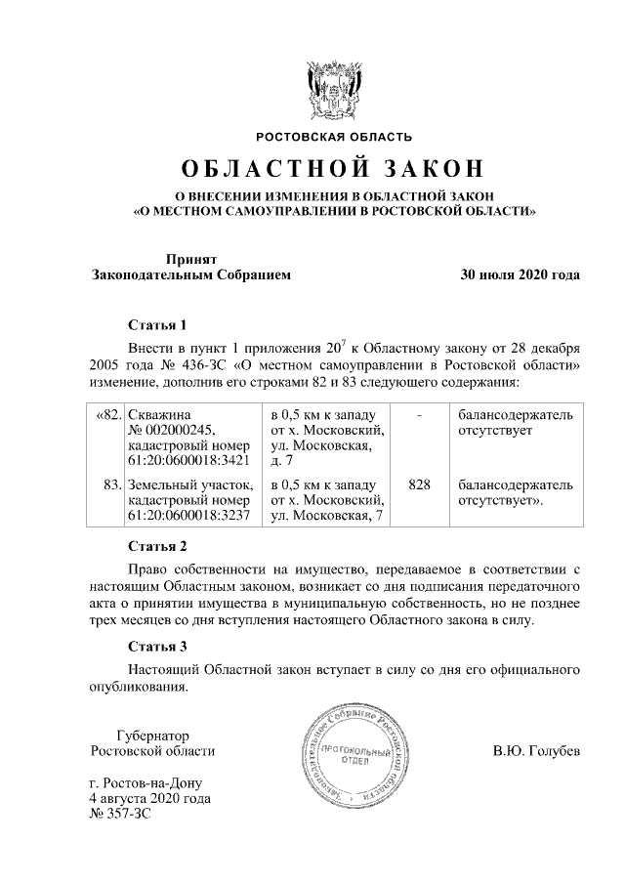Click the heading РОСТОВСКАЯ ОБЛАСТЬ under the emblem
coord(334,136)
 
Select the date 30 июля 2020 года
coord(521,274)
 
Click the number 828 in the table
coord(419,484)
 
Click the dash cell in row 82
coord(419,415)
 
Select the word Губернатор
coord(151,735)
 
